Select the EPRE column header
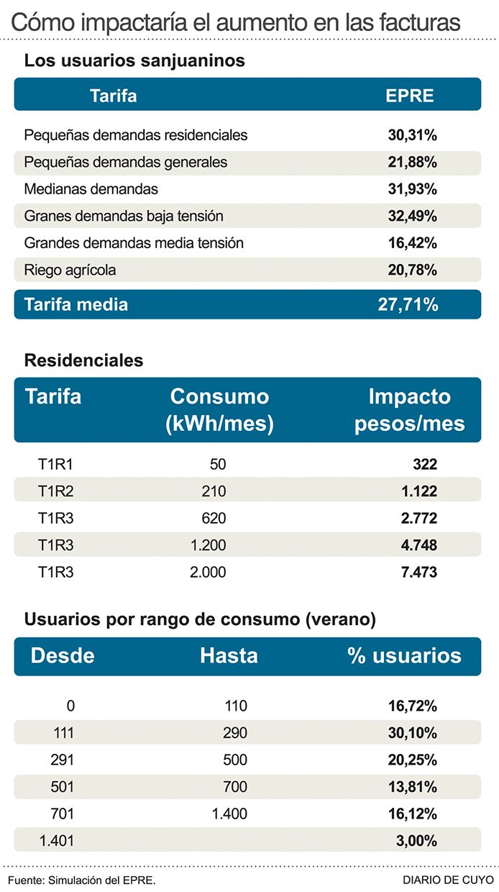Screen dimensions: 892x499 [x=410, y=95]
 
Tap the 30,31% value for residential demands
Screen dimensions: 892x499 [x=411, y=135]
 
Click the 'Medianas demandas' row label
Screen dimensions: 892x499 [x=91, y=189]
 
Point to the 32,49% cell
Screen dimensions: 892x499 [x=411, y=216]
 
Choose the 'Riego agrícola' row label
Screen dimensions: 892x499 [x=70, y=270]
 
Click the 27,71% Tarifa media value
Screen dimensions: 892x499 [x=408, y=304]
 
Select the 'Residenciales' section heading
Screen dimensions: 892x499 [x=83, y=360]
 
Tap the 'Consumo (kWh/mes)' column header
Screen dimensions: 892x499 [x=219, y=410]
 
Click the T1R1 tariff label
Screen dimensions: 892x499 [x=55, y=465]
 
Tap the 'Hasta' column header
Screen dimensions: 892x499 [x=229, y=655]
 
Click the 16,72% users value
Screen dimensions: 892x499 [x=412, y=706]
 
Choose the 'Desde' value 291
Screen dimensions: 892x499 [x=63, y=760]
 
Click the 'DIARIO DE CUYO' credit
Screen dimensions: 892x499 [x=448, y=880]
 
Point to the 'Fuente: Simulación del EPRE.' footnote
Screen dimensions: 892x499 [x=82, y=880]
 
